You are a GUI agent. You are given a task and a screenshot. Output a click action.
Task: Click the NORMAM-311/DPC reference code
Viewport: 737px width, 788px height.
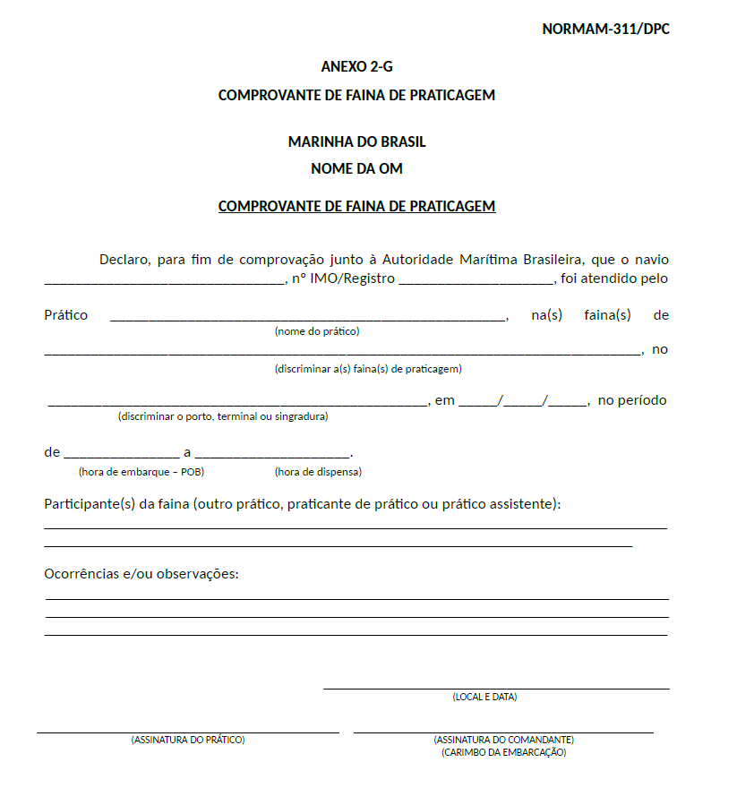(x=605, y=29)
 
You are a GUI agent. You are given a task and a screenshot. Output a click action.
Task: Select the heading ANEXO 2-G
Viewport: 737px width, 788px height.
(x=356, y=66)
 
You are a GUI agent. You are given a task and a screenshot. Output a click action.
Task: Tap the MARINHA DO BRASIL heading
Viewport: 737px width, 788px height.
(x=356, y=141)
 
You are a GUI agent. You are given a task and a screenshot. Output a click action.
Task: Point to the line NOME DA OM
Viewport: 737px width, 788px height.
(x=356, y=168)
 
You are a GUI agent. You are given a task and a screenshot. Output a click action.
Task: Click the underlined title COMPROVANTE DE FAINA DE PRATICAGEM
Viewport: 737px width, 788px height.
(x=356, y=206)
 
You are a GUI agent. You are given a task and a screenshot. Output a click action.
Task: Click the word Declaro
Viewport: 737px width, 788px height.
(x=125, y=260)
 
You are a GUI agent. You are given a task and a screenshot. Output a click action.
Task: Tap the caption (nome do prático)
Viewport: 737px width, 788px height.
(x=317, y=331)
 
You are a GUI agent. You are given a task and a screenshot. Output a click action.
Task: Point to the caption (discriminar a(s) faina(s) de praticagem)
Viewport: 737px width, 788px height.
(x=368, y=368)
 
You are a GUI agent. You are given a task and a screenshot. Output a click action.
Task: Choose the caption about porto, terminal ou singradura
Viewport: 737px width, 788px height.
(x=223, y=416)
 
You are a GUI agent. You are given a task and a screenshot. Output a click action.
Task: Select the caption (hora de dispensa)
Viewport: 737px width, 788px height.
(x=318, y=472)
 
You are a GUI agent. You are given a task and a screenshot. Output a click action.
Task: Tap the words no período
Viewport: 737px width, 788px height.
(x=632, y=400)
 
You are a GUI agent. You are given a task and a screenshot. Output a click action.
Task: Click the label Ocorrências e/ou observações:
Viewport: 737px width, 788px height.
(x=141, y=574)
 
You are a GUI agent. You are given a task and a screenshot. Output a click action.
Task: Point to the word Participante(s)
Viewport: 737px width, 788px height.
(x=90, y=504)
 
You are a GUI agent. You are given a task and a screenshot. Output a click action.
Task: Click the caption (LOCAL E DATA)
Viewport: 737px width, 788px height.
(x=484, y=697)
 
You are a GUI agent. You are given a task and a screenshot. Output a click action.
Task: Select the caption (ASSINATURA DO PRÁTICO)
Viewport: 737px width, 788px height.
(x=188, y=740)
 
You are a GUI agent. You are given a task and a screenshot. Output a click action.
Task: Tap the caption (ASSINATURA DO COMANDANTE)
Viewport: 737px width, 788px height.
(x=503, y=740)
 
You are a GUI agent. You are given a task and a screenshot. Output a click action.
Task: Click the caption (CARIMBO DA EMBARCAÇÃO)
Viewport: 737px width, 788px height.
(x=503, y=752)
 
